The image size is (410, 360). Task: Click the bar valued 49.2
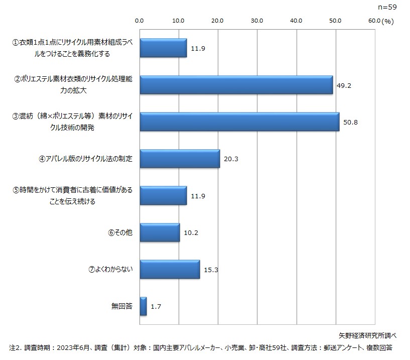[x=236, y=85]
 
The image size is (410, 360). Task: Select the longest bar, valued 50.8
[x=239, y=122]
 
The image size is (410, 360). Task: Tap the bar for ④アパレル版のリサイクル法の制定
[x=180, y=159]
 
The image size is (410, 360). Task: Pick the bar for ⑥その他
[x=160, y=232]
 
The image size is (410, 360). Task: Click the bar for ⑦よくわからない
[x=170, y=269]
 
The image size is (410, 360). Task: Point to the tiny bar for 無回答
[x=143, y=306]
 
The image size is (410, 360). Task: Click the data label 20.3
[x=231, y=159]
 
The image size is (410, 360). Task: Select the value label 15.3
[x=211, y=270]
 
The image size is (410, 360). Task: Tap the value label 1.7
[x=156, y=306]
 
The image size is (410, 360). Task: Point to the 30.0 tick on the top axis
[x=256, y=21]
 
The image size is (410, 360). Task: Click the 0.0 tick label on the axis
[x=140, y=21]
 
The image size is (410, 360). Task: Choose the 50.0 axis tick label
[x=335, y=21]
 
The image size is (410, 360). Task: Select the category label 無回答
[x=122, y=306]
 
